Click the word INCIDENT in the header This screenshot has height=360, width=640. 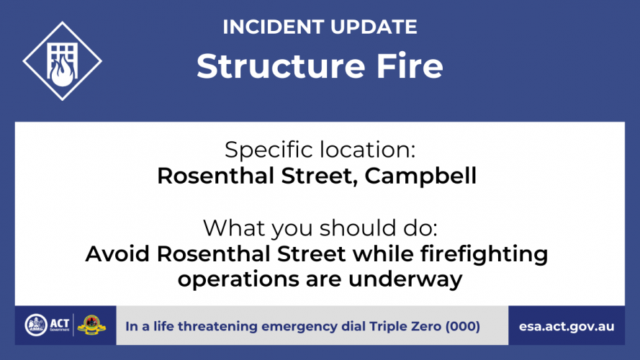tap(274, 27)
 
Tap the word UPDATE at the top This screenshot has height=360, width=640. tap(374, 27)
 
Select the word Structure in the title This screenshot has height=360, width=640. tap(281, 66)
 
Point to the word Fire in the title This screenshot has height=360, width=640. tap(410, 66)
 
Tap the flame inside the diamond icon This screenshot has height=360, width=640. tap(63, 72)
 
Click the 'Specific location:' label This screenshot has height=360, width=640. tap(320, 149)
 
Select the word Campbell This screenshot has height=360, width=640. tap(420, 176)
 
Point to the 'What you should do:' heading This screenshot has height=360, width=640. tap(320, 228)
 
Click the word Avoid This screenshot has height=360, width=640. tap(117, 253)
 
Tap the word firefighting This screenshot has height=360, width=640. tap(484, 254)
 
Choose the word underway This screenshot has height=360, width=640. tap(405, 279)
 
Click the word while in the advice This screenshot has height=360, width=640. tap(383, 253)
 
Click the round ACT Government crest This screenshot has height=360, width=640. tap(36, 325)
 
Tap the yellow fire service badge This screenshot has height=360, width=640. tap(91, 325)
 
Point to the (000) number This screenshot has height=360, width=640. tap(463, 326)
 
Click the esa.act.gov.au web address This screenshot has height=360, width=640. tap(567, 327)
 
